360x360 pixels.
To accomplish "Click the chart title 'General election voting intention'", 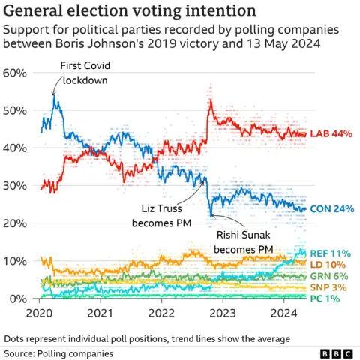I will (x=128, y=12).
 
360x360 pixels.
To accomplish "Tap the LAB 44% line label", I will (x=331, y=133).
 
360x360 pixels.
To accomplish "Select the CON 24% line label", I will (x=331, y=209).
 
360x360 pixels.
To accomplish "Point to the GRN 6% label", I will (x=331, y=276).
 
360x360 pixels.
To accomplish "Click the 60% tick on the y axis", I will (x=16, y=73).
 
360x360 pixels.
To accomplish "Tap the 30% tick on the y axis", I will (x=16, y=186).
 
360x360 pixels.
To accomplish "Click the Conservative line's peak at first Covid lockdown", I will (x=54, y=95).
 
